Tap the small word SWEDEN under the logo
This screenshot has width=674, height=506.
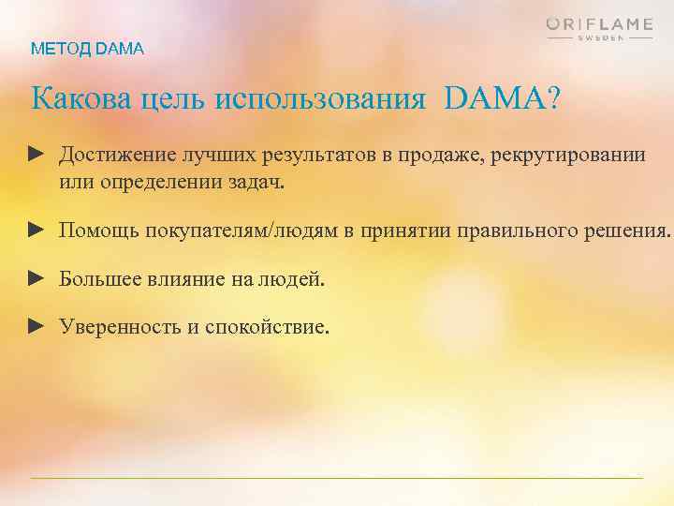(x=599, y=38)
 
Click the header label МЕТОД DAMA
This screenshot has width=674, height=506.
(x=88, y=49)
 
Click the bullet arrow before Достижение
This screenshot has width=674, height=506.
(x=37, y=153)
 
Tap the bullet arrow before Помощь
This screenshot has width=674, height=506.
(x=37, y=229)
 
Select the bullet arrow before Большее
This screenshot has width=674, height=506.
(x=37, y=277)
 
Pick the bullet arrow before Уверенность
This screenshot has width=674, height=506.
(x=37, y=325)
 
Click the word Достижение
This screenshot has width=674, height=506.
(x=117, y=154)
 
